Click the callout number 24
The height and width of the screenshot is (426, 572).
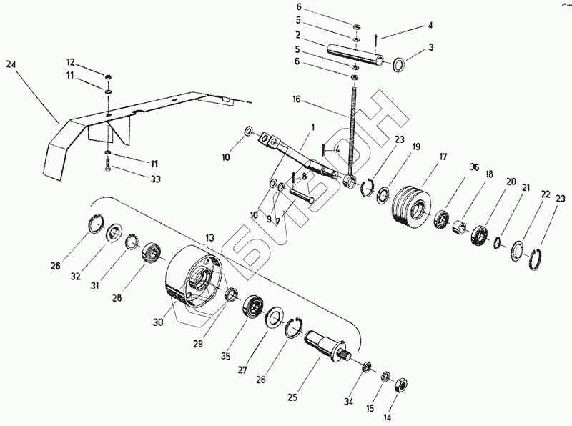coord(10,64)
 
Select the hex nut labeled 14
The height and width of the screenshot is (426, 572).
coord(401,383)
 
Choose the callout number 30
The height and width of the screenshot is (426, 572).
coord(157,322)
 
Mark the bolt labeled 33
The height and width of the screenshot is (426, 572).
coord(107,168)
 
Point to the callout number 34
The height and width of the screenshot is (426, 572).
coord(348,402)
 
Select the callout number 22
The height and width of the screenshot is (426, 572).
coord(545,194)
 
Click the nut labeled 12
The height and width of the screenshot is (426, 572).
coord(107,76)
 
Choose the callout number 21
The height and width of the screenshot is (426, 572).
coord(525,187)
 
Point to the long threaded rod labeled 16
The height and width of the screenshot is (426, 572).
coord(352,129)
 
